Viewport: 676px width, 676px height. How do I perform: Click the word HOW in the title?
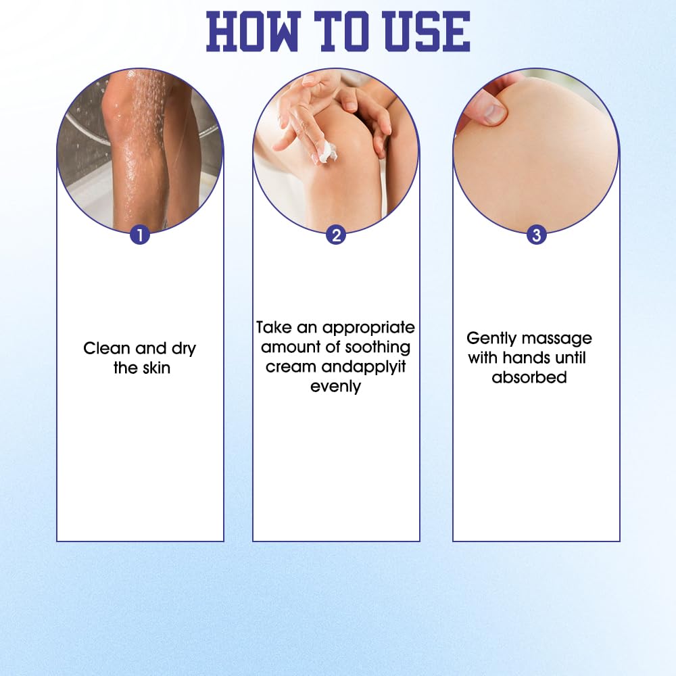253,32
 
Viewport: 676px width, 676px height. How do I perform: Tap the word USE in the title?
427,32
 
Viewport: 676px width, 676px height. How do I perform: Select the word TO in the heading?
341,32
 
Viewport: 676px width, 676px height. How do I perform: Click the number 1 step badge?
140,235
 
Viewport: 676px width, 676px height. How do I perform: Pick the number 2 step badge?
336,235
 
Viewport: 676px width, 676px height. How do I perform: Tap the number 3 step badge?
536,235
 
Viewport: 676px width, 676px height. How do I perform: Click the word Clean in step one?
107,348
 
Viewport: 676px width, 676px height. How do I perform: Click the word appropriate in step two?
368,329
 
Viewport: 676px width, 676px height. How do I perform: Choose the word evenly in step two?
335,387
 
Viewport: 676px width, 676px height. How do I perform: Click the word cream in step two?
291,367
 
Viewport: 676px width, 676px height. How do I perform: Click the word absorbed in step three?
529,377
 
